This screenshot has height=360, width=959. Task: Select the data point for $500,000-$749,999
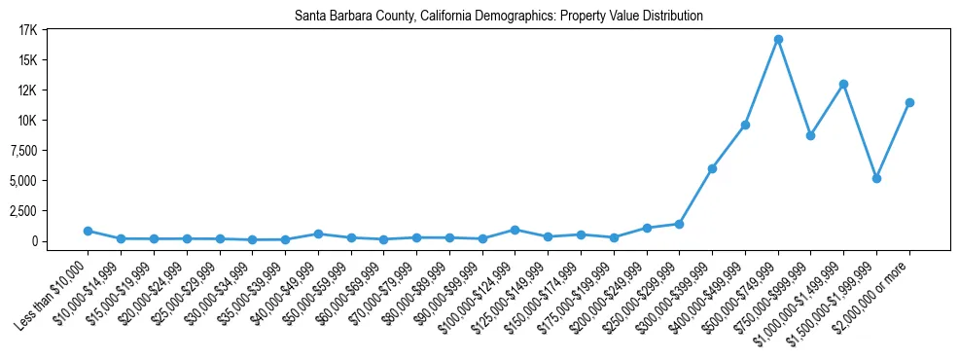(x=778, y=39)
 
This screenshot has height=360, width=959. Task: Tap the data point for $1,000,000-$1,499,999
(x=843, y=84)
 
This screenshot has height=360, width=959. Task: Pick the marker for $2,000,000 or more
(x=909, y=102)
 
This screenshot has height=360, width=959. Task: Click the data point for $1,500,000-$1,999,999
(x=876, y=178)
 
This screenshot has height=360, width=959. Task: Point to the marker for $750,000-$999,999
(x=810, y=135)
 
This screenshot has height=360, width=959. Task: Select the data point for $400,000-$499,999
(x=745, y=125)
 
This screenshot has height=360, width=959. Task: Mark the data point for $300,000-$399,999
(x=712, y=168)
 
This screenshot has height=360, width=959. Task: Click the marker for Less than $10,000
(x=88, y=231)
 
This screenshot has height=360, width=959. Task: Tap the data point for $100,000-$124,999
(x=515, y=230)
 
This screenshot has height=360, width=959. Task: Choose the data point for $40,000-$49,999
(x=318, y=234)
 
